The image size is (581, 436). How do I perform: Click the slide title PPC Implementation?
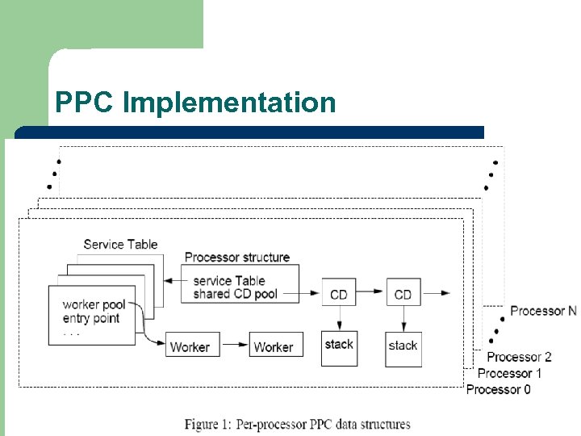[195, 103]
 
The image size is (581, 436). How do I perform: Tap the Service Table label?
[120, 244]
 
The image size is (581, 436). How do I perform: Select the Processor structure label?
[237, 257]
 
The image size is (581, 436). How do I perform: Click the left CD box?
[339, 294]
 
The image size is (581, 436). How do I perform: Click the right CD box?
[403, 294]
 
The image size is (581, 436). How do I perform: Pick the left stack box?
[339, 348]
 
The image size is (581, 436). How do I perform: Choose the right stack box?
[403, 348]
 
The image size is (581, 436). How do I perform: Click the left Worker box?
[190, 346]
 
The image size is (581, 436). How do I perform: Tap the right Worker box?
[274, 346]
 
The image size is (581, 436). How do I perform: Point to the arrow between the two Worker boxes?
[233, 346]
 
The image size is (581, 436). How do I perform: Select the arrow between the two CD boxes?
[371, 294]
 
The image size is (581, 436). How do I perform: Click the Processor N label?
[543, 311]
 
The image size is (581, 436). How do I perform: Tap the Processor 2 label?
[519, 357]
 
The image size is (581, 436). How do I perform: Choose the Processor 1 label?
[509, 373]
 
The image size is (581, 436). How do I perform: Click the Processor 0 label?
[499, 389]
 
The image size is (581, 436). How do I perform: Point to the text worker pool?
[94, 304]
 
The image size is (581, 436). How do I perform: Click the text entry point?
[90, 317]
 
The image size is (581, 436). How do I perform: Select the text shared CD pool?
[235, 294]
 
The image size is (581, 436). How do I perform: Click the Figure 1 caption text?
[297, 424]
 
